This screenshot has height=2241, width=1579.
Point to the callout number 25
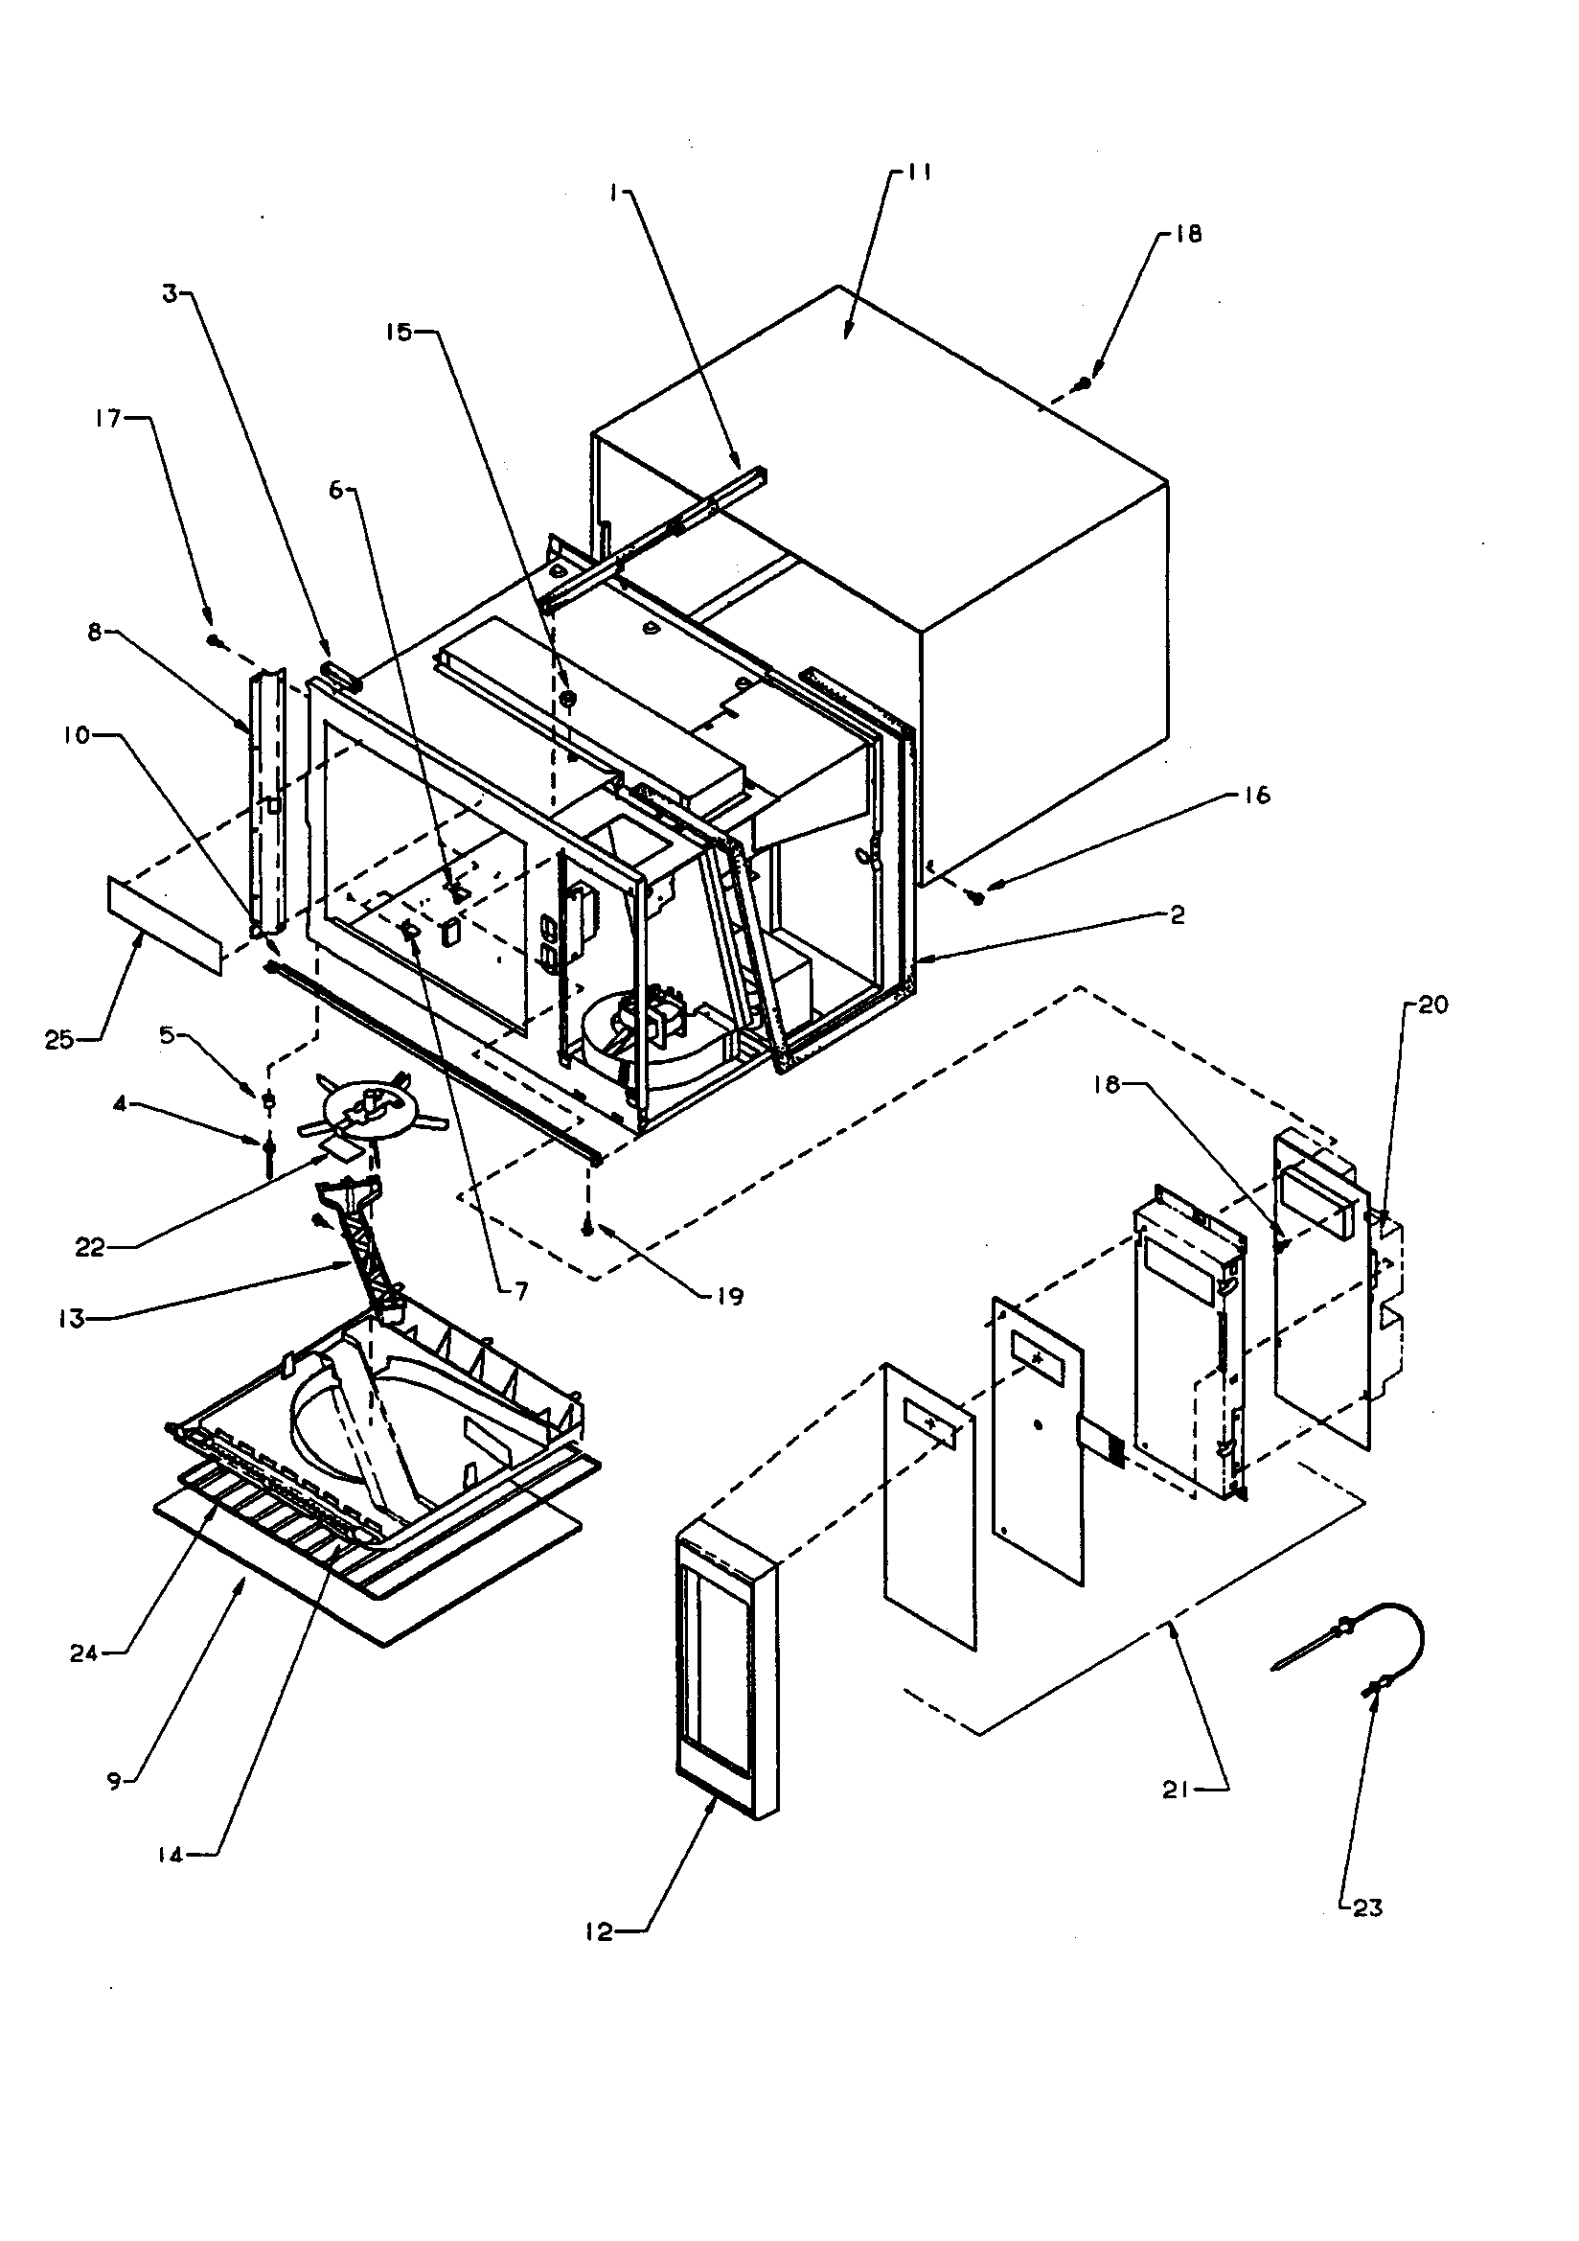(58, 1041)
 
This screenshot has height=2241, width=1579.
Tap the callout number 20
(1432, 1005)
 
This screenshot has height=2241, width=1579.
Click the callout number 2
(1177, 914)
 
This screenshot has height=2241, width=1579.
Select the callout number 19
(729, 1296)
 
